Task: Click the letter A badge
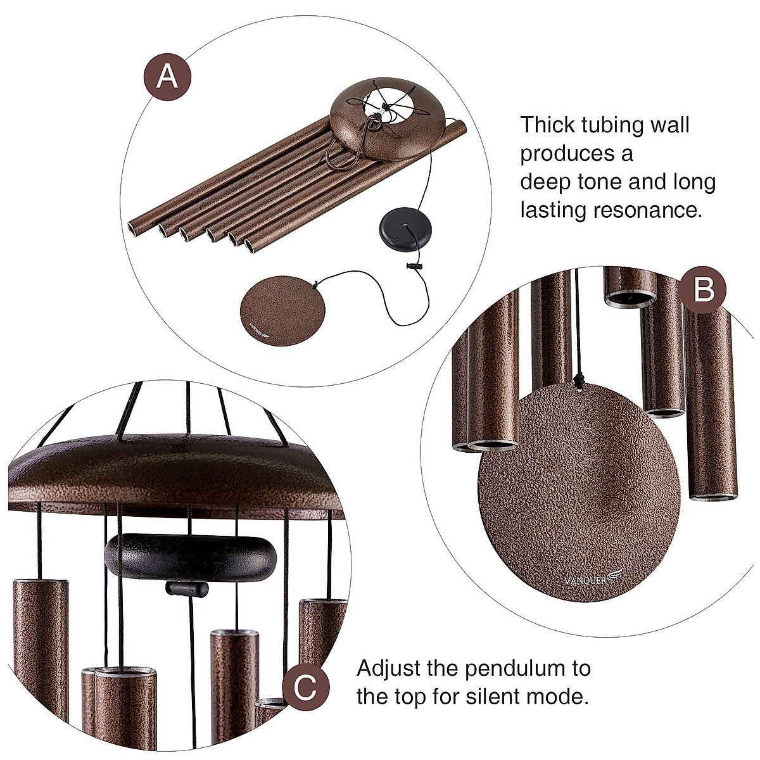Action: click(167, 76)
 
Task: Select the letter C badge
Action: click(305, 688)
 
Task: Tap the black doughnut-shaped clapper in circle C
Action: click(188, 557)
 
